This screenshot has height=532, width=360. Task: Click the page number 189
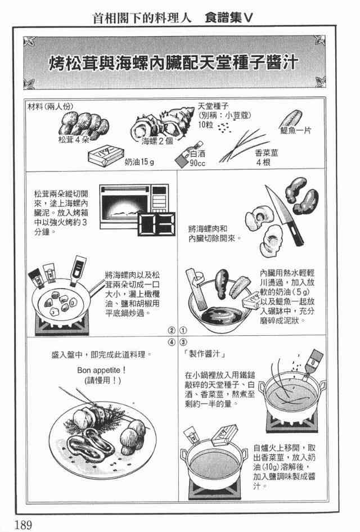pyautogui.click(x=23, y=524)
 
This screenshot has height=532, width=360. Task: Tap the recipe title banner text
pyautogui.click(x=174, y=63)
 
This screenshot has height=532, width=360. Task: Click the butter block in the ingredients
pyautogui.click(x=106, y=157)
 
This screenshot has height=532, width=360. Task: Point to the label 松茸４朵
pyautogui.click(x=73, y=140)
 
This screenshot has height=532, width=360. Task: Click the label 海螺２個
pyautogui.click(x=157, y=141)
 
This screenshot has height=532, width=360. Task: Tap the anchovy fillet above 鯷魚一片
pyautogui.click(x=291, y=118)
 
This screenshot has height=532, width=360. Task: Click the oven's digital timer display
pyautogui.click(x=157, y=224)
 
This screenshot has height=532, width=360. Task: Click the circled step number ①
pyautogui.click(x=183, y=330)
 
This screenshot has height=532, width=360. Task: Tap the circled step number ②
pyautogui.click(x=172, y=330)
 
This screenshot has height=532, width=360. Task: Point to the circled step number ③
pyautogui.click(x=183, y=342)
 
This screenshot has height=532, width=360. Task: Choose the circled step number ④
pyautogui.click(x=172, y=342)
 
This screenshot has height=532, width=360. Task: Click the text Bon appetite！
pyautogui.click(x=101, y=370)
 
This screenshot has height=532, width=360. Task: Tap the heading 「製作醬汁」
pyautogui.click(x=204, y=354)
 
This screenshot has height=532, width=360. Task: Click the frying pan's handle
pyautogui.click(x=96, y=286)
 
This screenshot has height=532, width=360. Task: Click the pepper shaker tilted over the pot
pyautogui.click(x=313, y=363)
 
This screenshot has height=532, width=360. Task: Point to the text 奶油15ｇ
pyautogui.click(x=139, y=162)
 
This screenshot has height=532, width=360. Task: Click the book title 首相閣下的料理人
pyautogui.click(x=142, y=17)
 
